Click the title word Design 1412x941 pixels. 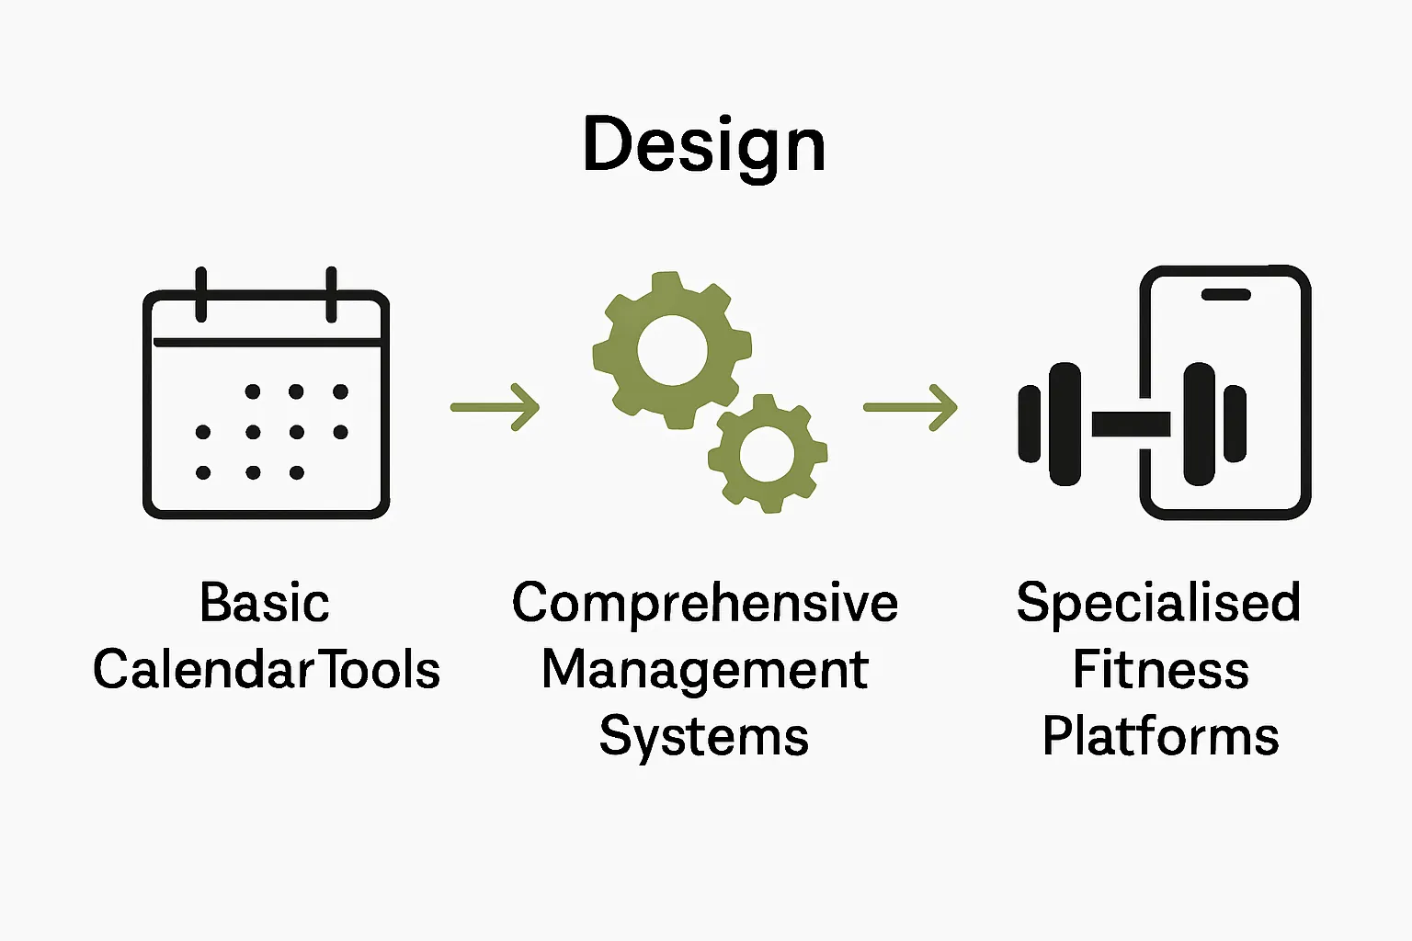(704, 145)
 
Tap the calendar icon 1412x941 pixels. (266, 404)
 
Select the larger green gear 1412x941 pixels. (672, 350)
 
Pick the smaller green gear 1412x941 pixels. (767, 453)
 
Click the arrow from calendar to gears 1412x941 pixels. (495, 406)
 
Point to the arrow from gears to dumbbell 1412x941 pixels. (910, 406)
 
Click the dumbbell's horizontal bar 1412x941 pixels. (1131, 424)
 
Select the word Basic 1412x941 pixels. (265, 603)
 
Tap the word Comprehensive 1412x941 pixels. (704, 603)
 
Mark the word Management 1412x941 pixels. (704, 671)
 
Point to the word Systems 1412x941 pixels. (704, 737)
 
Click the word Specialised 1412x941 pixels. (1158, 603)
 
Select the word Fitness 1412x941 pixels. (1160, 669)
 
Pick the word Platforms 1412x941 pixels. (1160, 737)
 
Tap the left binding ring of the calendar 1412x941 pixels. (200, 294)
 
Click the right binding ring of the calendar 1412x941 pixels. (331, 294)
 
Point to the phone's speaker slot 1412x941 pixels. (1225, 295)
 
